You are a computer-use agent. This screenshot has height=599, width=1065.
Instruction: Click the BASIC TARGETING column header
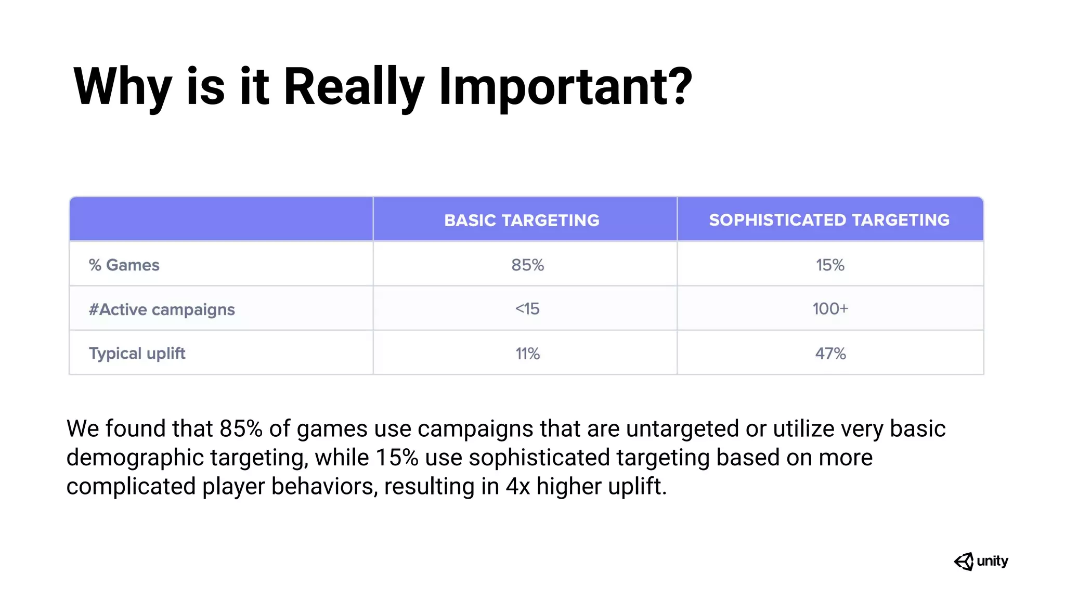522,220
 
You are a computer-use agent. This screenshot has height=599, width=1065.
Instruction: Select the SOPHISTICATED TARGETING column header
829,220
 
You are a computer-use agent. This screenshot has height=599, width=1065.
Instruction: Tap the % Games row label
124,265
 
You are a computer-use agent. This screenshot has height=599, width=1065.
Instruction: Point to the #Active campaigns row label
162,309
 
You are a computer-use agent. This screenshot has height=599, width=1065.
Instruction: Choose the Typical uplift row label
137,354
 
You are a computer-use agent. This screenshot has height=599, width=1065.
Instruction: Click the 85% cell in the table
527,265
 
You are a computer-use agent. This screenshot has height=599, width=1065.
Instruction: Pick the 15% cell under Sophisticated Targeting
830,265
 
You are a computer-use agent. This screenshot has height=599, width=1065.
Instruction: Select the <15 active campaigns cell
527,309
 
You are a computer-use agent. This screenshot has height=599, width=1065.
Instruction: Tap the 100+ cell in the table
830,309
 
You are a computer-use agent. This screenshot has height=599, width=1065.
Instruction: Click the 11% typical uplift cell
527,354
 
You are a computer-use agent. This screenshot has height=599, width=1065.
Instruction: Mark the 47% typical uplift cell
830,354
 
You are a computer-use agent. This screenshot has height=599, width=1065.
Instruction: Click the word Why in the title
122,87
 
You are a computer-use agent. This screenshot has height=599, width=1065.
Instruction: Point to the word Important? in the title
566,87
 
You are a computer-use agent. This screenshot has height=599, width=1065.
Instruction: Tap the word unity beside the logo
992,561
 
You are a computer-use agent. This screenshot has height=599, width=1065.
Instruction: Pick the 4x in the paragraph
517,487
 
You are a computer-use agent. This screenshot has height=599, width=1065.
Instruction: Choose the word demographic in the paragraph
135,458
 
